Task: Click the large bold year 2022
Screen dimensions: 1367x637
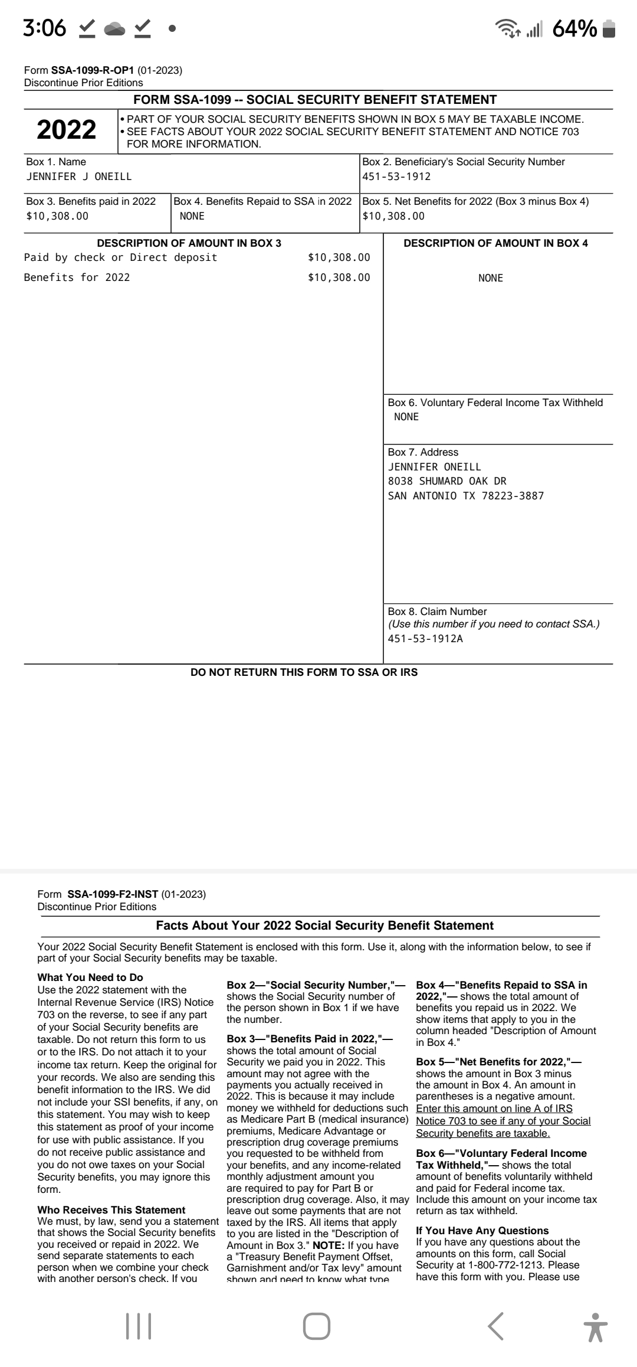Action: [x=66, y=130]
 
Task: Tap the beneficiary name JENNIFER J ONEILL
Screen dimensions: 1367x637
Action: [x=79, y=176]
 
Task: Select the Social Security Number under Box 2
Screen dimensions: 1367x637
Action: [x=396, y=176]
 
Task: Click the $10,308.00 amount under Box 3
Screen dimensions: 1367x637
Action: [x=57, y=216]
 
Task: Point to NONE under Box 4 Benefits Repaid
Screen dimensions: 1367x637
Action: [x=192, y=216]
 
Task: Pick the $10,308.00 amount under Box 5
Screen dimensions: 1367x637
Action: [x=393, y=216]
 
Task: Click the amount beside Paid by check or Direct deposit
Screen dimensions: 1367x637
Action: [x=339, y=257]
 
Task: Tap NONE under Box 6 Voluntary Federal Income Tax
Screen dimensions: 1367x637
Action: [x=406, y=417]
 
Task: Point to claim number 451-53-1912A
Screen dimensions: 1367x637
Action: [x=425, y=639]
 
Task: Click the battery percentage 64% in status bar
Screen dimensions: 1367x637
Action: [x=574, y=28]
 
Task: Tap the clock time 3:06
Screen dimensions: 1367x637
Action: [x=44, y=28]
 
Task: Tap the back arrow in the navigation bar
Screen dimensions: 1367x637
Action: [x=496, y=1326]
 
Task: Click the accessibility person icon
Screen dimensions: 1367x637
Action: [x=597, y=1326]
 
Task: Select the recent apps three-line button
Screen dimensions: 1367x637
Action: [x=139, y=1326]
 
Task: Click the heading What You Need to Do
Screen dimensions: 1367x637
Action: [x=90, y=977]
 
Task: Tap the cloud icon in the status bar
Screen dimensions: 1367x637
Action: [x=115, y=28]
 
